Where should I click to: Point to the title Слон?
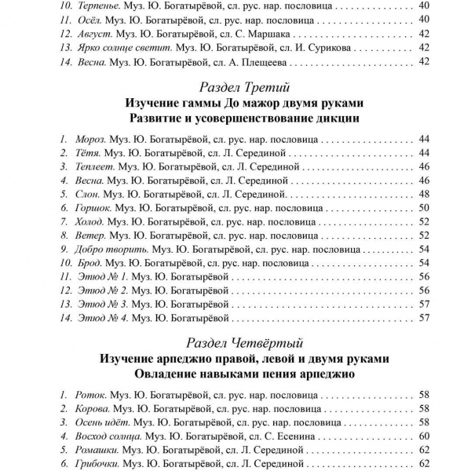click(x=86, y=193)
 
